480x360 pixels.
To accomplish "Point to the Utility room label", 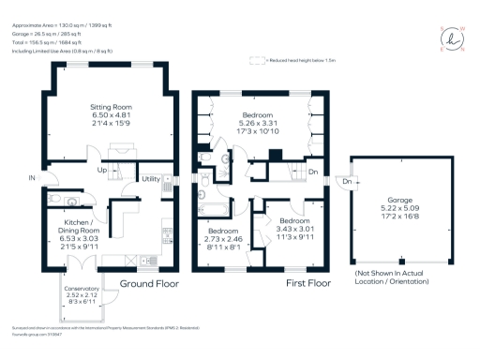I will (150, 178).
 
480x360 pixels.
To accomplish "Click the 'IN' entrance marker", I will (32, 177).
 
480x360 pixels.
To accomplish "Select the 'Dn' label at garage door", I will (346, 181).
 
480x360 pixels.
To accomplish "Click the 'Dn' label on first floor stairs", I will (313, 172).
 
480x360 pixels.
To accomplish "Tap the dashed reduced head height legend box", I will (252, 60).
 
